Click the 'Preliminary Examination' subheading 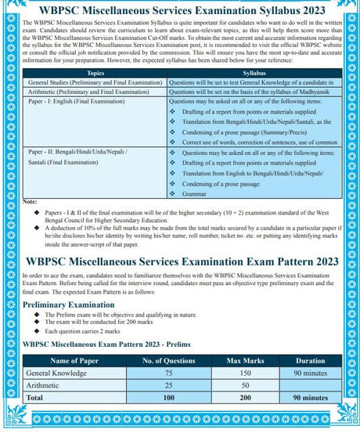point(74,305)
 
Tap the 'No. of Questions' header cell point(167,360)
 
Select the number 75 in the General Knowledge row point(167,373)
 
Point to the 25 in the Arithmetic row point(167,386)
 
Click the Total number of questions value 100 point(167,399)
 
